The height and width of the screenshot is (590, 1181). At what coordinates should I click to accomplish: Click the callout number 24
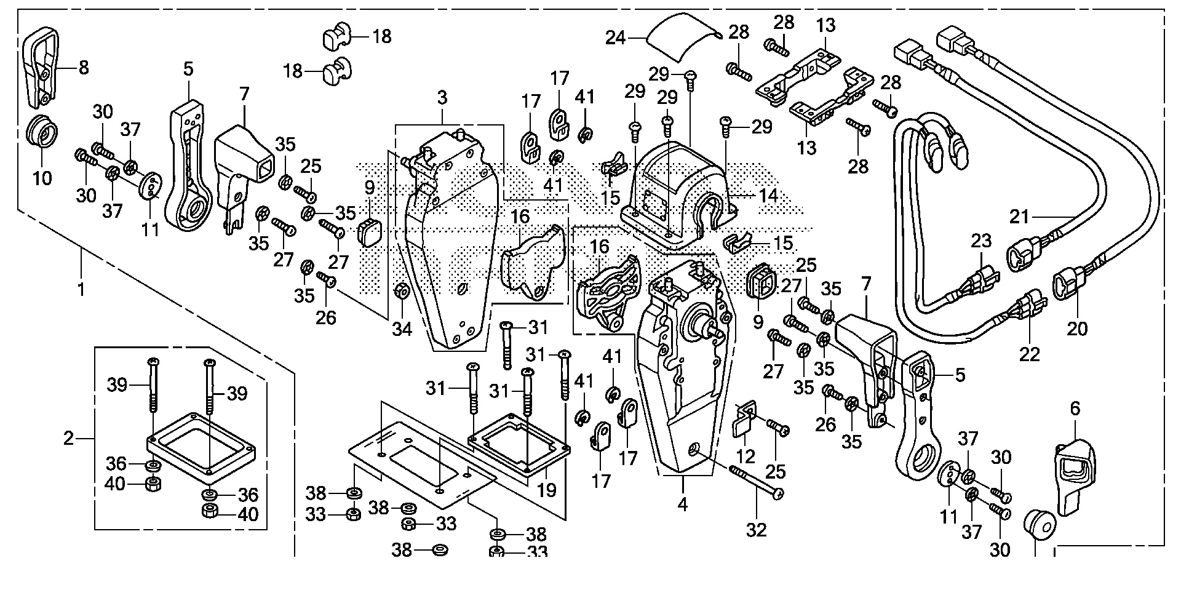point(615,39)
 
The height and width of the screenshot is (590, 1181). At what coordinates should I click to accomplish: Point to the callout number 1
point(81,289)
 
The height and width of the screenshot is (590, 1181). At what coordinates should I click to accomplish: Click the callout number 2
point(68,439)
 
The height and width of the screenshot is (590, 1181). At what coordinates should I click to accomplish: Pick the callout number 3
point(442,98)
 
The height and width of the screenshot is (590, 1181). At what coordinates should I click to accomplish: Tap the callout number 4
point(682,505)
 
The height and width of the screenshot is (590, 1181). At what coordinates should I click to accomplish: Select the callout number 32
point(757,530)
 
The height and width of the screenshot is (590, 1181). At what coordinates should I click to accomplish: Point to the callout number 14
point(768,196)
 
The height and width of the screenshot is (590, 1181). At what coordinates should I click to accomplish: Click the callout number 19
point(546,490)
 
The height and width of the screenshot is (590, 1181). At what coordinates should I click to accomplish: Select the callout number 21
point(1019,217)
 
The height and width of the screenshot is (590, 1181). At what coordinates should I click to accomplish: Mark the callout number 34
point(402,329)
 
